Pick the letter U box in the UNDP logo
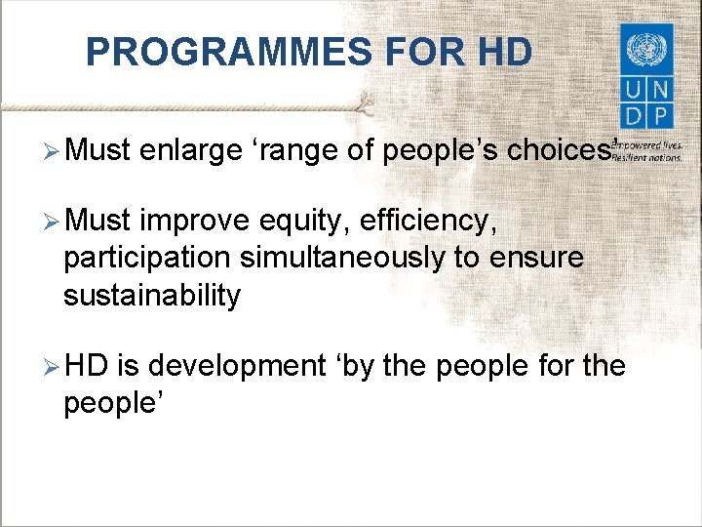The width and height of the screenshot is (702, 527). point(632,90)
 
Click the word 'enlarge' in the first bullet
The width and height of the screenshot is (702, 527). point(190,151)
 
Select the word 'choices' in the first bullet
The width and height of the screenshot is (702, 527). point(558,151)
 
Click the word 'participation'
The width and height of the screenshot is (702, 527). point(147,259)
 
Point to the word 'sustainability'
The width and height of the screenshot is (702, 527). point(151,295)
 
